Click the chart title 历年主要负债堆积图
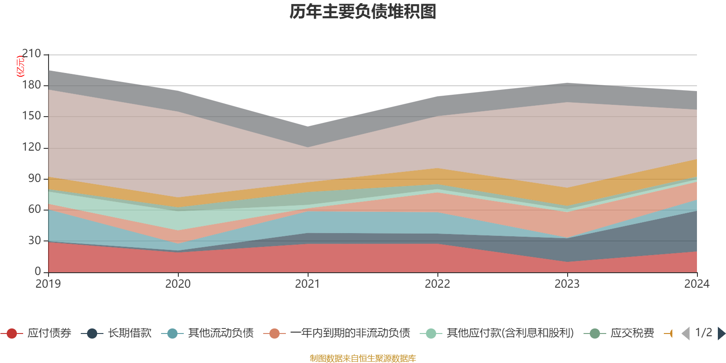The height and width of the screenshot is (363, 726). [363, 12]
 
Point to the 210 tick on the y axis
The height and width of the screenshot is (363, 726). [31, 54]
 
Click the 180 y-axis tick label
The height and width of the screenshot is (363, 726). [31, 85]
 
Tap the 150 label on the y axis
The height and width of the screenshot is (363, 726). [31, 116]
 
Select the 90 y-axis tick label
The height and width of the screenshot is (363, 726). [34, 178]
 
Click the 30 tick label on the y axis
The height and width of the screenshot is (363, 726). [34, 240]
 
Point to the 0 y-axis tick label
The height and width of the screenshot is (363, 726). [38, 271]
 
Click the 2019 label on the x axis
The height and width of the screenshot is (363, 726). [48, 284]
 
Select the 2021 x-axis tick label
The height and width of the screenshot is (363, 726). [308, 284]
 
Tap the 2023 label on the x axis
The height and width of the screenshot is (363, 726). [567, 284]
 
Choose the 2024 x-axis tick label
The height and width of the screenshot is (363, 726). [697, 284]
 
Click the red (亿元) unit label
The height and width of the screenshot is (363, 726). [20, 66]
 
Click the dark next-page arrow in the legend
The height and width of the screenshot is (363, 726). [721, 334]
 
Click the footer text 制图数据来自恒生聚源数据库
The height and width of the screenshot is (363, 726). [363, 358]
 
